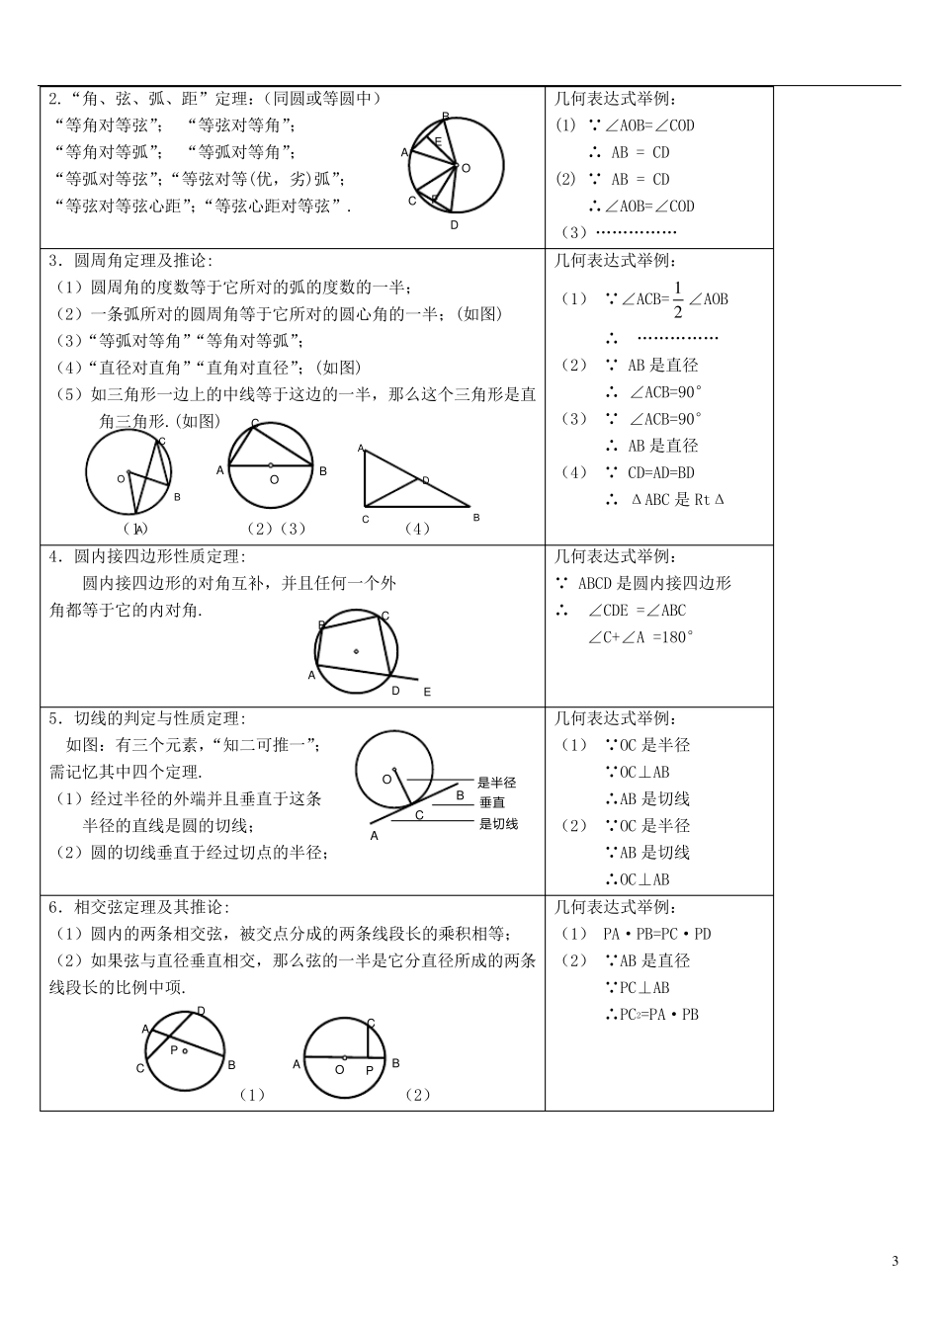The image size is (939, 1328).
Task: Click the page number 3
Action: pyautogui.click(x=896, y=1261)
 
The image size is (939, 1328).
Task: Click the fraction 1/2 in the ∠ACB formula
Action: pyautogui.click(x=677, y=299)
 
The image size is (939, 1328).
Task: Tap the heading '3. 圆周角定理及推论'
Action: pyautogui.click(x=130, y=261)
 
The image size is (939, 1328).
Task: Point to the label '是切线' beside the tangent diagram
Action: pyautogui.click(x=498, y=824)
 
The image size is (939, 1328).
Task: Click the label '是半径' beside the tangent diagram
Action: pyautogui.click(x=496, y=783)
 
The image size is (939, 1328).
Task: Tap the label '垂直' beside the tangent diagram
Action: pyautogui.click(x=492, y=803)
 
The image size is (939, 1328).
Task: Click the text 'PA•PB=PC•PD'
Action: pyautogui.click(x=656, y=934)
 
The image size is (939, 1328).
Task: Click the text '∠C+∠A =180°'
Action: pyautogui.click(x=640, y=637)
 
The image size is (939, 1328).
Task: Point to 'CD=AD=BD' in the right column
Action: pyautogui.click(x=660, y=472)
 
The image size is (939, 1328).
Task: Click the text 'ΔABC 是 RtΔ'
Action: pyautogui.click(x=677, y=500)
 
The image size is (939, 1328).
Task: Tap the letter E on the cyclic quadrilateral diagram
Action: pyautogui.click(x=427, y=693)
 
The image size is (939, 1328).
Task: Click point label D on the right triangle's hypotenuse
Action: pyautogui.click(x=426, y=480)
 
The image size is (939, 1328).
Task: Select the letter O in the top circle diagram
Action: pyautogui.click(x=467, y=168)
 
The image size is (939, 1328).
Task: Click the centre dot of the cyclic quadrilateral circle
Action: pyautogui.click(x=356, y=650)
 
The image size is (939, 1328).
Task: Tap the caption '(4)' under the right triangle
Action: pyautogui.click(x=417, y=529)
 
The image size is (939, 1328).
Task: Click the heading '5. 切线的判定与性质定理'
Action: pyautogui.click(x=147, y=718)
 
